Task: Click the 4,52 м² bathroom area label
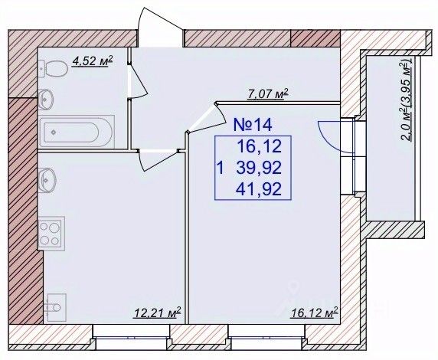tap(93, 61)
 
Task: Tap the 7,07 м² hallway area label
tap(268, 93)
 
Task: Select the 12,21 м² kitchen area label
tap(158, 313)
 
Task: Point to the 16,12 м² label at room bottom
tap(315, 313)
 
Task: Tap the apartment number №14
tap(253, 125)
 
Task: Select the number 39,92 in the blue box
tap(259, 169)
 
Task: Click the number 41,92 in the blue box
tap(259, 189)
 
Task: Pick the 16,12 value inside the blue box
tap(260, 146)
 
